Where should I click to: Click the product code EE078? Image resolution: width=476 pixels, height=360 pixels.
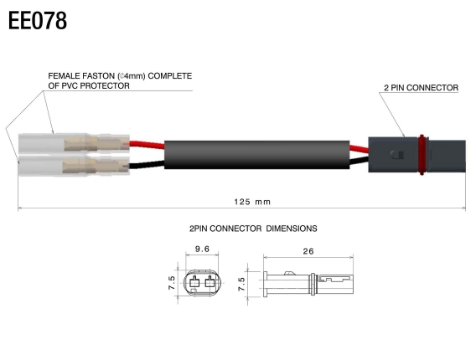pyautogui.click(x=38, y=22)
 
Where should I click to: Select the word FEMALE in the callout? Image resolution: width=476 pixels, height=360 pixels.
pyautogui.click(x=65, y=76)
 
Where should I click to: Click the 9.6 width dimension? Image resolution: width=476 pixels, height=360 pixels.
pyautogui.click(x=201, y=249)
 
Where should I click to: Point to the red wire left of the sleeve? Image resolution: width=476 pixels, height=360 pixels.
pyautogui.click(x=147, y=143)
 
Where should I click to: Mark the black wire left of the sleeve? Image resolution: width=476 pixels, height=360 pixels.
pyautogui.click(x=147, y=164)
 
